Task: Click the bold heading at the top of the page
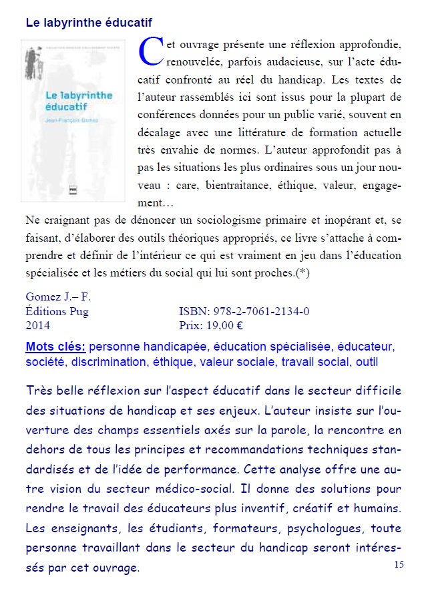pos(89,22)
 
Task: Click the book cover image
pos(68,121)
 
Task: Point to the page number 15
pos(399,565)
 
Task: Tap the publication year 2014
pos(38,327)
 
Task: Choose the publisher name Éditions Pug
pos(57,312)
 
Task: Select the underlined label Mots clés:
pos(55,347)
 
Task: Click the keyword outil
pos(366,362)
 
